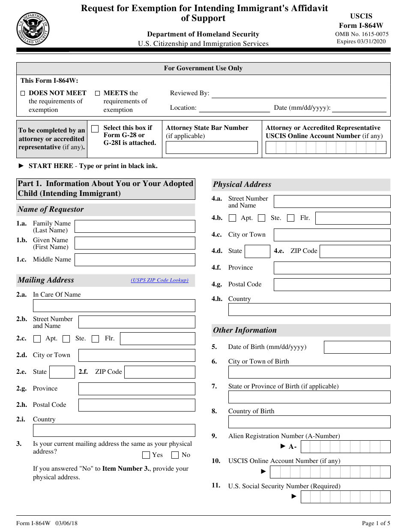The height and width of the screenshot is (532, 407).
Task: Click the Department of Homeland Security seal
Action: (33, 29)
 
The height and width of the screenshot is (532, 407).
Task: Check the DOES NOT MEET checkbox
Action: (23, 93)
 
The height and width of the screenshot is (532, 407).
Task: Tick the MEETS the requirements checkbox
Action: (97, 93)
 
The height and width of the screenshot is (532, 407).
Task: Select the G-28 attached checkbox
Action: (95, 129)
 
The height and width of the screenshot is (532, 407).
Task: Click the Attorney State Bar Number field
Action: (212, 147)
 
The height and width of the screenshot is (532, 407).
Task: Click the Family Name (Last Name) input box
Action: (135, 226)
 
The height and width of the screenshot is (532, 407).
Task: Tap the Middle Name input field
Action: (135, 260)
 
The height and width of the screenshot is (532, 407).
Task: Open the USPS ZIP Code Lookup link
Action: (159, 280)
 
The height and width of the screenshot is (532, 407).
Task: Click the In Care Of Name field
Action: (114, 306)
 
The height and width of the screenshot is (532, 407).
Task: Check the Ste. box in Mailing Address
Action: (66, 339)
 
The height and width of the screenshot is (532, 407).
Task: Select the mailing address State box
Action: (62, 372)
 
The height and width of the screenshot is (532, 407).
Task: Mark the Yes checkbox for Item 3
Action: (146, 455)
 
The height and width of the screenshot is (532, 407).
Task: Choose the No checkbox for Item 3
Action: (175, 455)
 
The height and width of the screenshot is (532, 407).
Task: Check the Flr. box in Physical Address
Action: (291, 218)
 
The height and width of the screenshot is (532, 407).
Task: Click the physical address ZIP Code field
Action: (355, 251)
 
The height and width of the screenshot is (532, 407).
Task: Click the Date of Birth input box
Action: (357, 347)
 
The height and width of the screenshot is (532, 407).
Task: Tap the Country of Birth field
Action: (309, 422)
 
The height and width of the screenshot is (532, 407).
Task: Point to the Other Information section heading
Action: (245, 330)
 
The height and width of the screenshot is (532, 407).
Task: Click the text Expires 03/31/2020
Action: (361, 42)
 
